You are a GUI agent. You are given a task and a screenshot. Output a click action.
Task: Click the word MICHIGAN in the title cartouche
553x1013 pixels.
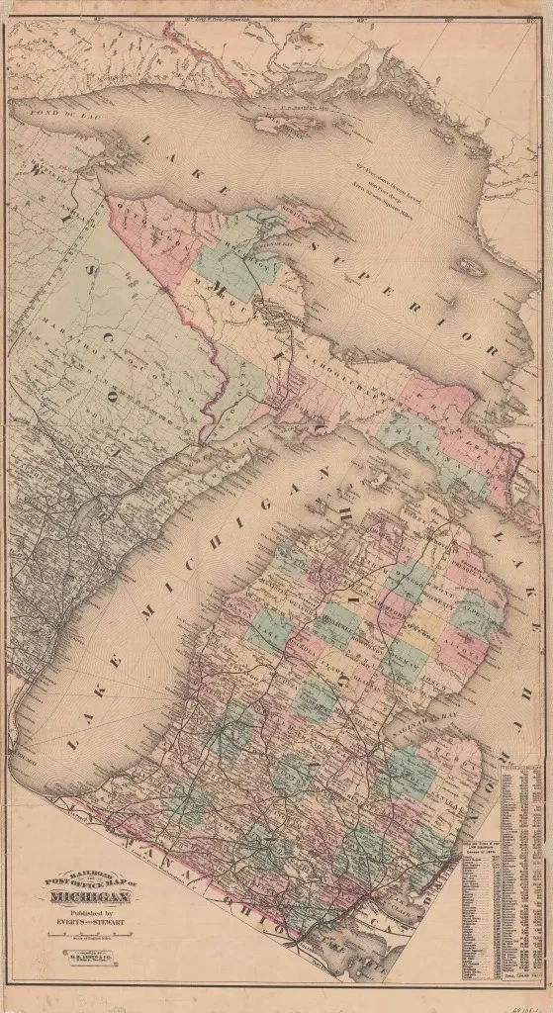89,897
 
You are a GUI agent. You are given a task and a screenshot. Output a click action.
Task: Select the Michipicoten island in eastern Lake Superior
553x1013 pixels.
472,267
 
